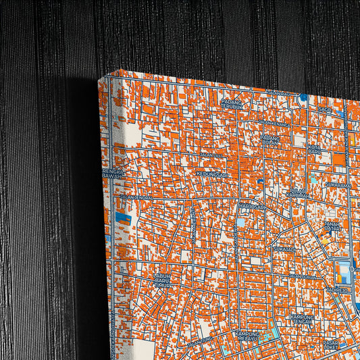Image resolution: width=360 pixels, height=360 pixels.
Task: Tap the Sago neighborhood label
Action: pyautogui.click(x=325, y=109)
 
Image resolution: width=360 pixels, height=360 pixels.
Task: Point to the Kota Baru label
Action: pyautogui.click(x=314, y=149)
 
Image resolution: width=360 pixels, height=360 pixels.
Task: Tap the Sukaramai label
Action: pyautogui.click(x=337, y=184)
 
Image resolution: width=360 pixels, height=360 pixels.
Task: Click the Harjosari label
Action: pyautogui.click(x=251, y=207)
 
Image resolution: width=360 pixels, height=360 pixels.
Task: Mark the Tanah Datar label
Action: pyautogui.click(x=332, y=226)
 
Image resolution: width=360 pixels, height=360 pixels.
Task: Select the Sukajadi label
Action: pyautogui.click(x=284, y=249)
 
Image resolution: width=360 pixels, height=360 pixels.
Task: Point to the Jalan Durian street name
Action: pyautogui.click(x=302, y=276)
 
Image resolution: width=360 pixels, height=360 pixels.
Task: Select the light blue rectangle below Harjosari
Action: pyautogui.click(x=241, y=222)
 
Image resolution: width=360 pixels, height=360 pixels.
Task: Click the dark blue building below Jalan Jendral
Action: pyautogui.click(x=124, y=217)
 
